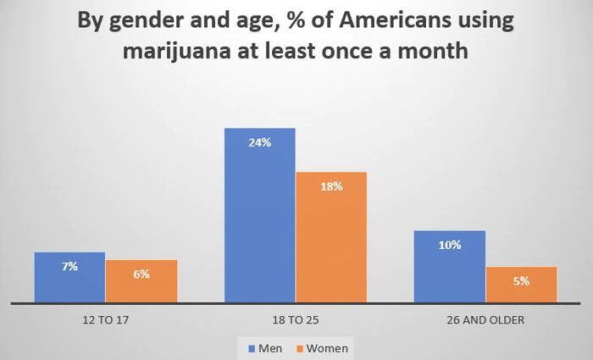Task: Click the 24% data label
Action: pyautogui.click(x=259, y=142)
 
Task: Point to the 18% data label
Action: pyautogui.click(x=331, y=186)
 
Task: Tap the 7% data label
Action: pyautogui.click(x=69, y=266)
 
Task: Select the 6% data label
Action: pyautogui.click(x=141, y=274)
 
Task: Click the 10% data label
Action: pyautogui.click(x=450, y=245)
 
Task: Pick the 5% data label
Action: pyautogui.click(x=521, y=280)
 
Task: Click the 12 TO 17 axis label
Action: pyautogui.click(x=105, y=320)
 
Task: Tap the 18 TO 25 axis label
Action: pyautogui.click(x=296, y=320)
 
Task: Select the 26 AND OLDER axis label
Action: pyautogui.click(x=485, y=320)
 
